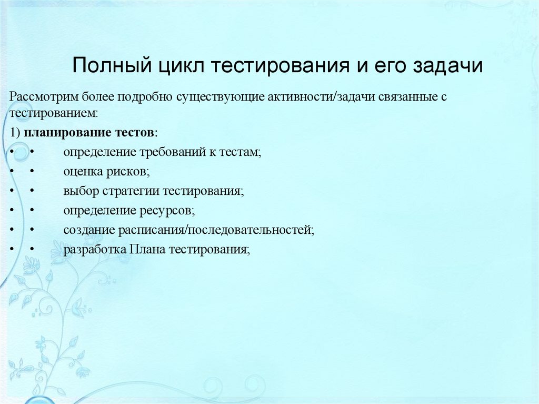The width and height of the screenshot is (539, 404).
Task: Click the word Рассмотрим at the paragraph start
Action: [44, 97]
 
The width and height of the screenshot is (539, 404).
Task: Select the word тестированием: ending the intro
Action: [53, 112]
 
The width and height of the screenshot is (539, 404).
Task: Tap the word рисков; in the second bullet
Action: [132, 171]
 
